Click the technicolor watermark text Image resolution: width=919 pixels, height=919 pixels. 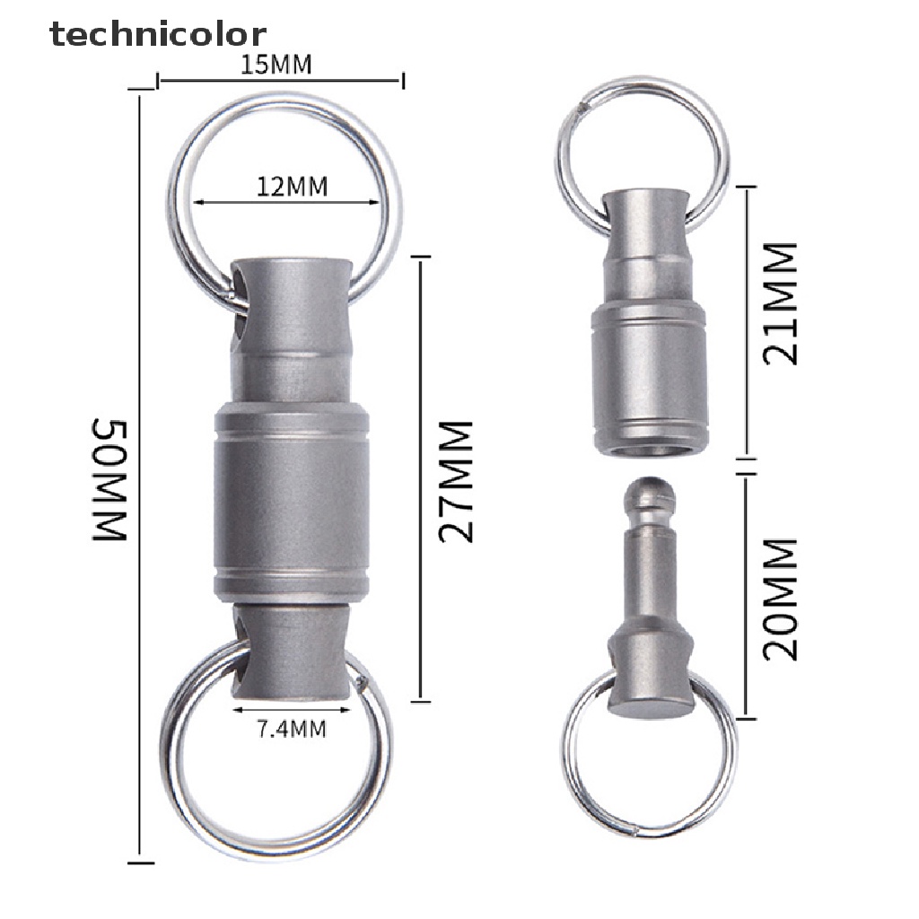(158, 34)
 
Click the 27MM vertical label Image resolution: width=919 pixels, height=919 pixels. (456, 482)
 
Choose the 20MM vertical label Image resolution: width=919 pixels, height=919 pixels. (779, 600)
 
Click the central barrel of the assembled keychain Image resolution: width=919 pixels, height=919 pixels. (291, 507)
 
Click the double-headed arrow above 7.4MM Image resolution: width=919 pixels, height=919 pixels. (280, 709)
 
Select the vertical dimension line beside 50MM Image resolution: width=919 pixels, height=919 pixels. (141, 476)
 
